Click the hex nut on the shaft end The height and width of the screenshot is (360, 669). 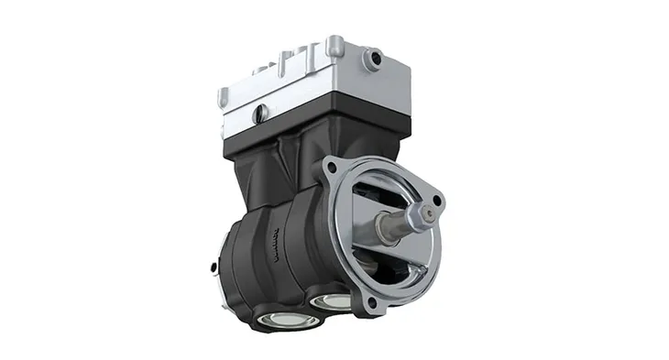click(x=427, y=214)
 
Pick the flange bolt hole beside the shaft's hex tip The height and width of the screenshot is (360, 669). click(x=437, y=200)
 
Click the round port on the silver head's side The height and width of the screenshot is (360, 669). click(x=372, y=60)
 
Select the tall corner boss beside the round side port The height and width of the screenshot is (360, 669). click(x=335, y=47)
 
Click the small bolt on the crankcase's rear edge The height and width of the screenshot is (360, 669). click(x=213, y=267)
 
